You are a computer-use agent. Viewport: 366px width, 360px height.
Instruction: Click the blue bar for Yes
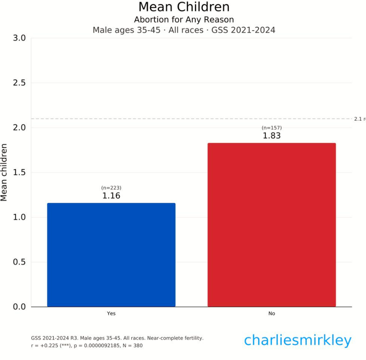click(111, 255)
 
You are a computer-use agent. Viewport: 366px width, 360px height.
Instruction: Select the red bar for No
click(271, 225)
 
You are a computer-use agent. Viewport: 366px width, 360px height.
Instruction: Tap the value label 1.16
click(111, 196)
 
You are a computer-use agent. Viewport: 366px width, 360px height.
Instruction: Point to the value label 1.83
click(271, 136)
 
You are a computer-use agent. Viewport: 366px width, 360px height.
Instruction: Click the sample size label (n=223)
click(111, 188)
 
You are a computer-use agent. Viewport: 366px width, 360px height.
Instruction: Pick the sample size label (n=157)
click(271, 128)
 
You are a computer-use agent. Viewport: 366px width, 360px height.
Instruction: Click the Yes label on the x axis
click(111, 314)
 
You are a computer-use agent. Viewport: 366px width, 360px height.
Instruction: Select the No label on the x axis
click(271, 314)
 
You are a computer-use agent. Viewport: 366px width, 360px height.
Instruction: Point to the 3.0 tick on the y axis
click(19, 38)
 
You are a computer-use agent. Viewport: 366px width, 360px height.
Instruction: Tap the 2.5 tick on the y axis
click(19, 83)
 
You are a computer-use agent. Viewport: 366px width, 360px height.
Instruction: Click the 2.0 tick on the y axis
click(19, 128)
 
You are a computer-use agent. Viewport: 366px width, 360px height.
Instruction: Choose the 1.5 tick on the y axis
click(19, 173)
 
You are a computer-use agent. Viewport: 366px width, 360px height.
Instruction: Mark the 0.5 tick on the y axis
click(19, 262)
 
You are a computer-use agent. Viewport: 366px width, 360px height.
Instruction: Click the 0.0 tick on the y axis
click(19, 307)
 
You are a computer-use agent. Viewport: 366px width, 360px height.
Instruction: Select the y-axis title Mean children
click(5, 172)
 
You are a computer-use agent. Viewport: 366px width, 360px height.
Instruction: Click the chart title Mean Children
click(184, 7)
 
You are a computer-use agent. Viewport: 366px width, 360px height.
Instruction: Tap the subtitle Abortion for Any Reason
click(184, 19)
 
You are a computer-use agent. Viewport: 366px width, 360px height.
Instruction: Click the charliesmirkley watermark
click(298, 340)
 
